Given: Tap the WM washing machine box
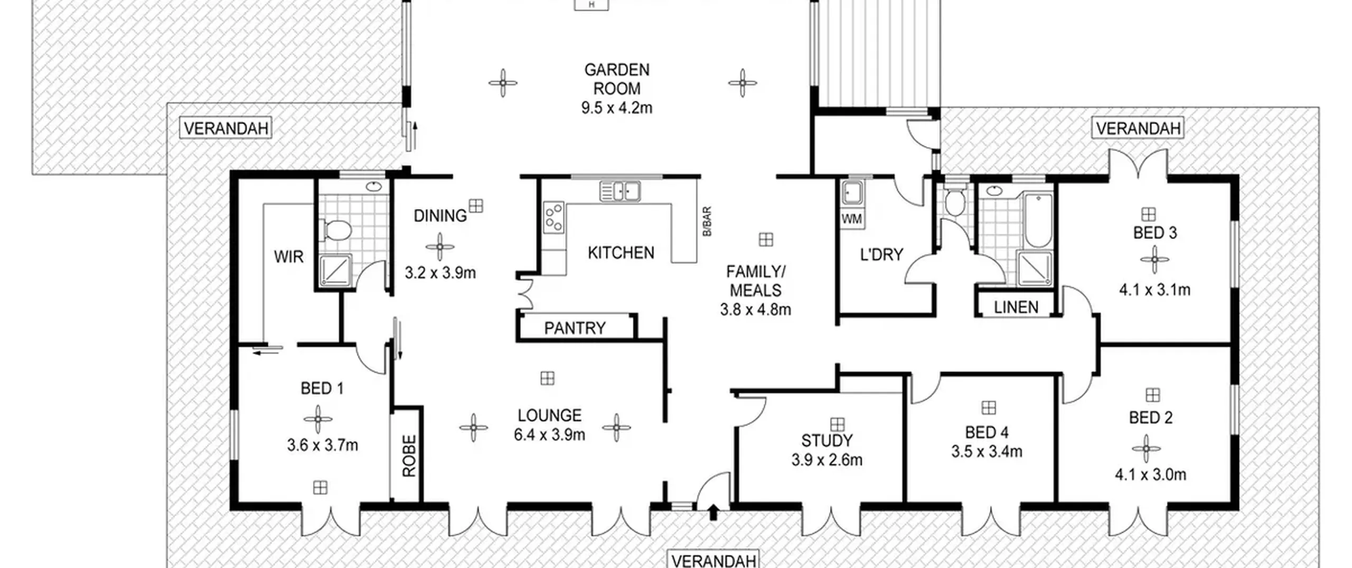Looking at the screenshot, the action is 851,219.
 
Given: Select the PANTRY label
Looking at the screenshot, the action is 575,328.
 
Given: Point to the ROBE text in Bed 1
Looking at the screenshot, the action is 409,456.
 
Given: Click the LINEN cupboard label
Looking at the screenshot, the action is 1016,308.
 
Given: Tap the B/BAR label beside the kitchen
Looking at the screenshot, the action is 707,221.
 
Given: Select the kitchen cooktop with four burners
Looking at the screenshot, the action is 553,217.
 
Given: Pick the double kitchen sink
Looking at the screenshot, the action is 620,191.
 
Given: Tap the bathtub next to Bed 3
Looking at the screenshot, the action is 1038,221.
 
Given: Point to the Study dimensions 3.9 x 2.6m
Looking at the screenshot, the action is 827,460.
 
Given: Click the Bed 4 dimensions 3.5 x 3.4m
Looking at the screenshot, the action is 987,452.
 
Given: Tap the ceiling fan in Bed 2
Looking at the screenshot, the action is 1146,449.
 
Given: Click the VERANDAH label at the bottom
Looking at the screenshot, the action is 714,560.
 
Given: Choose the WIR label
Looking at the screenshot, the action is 288,257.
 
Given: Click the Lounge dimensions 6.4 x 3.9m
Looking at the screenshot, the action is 549,435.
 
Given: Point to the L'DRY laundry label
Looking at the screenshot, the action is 881,255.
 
